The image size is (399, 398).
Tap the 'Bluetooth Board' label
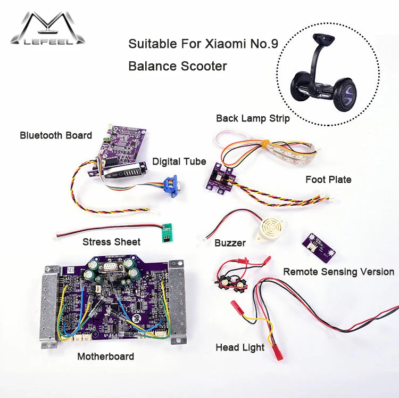coord(56,135)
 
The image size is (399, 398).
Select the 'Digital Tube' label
coord(179,161)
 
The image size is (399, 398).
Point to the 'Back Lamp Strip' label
coord(253,118)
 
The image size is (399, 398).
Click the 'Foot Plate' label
coord(328,180)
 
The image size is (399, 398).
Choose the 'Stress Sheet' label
coord(111,242)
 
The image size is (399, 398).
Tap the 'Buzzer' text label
coord(230,243)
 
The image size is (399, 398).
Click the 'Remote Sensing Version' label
coord(338,272)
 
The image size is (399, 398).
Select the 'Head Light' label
coord(240,347)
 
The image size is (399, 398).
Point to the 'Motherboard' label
coord(105,356)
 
